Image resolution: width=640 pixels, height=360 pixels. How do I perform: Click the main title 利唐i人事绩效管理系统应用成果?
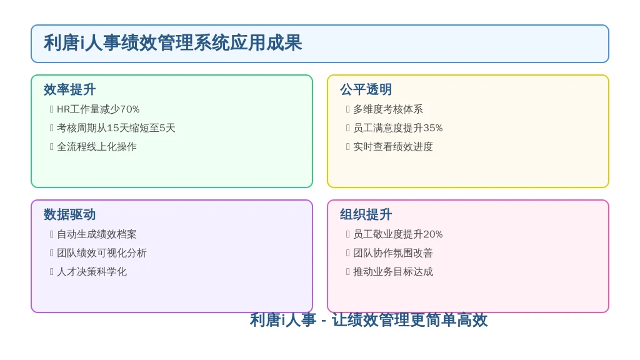point(172,43)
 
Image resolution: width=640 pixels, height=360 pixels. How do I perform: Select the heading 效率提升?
point(70,89)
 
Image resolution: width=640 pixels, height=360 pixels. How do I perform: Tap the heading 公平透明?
point(366,89)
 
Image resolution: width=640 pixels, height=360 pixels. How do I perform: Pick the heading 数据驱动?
point(70,214)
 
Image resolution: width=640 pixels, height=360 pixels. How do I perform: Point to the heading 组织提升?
point(366,214)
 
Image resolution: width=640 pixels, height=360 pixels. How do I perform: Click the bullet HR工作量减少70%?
point(98,109)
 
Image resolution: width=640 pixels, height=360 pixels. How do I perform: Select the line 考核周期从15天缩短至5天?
point(116,128)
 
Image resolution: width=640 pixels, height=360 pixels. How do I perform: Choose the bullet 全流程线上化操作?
point(97,147)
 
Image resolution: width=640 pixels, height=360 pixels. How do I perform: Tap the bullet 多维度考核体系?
point(387,109)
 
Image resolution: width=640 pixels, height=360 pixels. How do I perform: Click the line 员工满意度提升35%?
point(397,128)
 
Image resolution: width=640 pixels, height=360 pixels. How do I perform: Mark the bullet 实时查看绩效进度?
point(392,147)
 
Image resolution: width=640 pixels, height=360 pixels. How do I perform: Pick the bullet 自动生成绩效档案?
point(97,234)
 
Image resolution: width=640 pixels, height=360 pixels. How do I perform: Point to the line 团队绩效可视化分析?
point(102,253)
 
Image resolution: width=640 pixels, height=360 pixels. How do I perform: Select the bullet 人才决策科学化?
point(92,272)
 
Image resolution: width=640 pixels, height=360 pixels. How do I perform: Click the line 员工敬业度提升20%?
point(397,234)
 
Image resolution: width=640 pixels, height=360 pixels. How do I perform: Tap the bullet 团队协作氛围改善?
point(392,253)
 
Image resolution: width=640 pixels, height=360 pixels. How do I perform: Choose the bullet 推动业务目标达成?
point(392,272)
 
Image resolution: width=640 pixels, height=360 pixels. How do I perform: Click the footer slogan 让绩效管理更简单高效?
point(409,319)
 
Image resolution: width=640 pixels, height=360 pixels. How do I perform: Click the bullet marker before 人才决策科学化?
point(51,272)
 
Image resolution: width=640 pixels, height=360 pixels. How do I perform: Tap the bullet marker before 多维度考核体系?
point(347,109)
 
